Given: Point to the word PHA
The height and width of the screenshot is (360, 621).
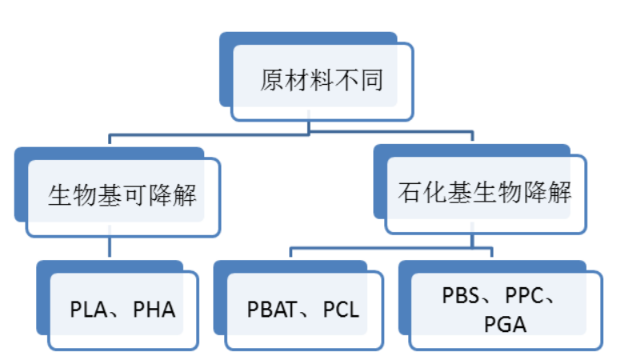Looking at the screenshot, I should tap(154, 310).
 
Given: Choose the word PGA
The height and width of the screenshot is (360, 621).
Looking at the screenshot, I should tap(506, 324).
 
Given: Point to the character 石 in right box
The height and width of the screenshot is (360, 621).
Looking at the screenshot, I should tap(409, 193).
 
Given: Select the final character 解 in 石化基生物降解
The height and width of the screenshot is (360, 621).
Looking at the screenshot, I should tap(559, 193).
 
